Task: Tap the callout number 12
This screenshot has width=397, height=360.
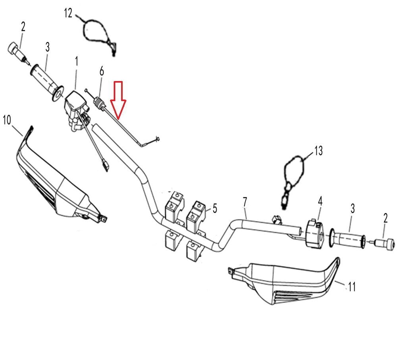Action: click(68, 13)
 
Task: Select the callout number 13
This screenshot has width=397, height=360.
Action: click(318, 151)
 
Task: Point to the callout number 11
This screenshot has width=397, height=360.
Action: click(352, 286)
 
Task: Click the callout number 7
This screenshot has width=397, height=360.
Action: click(245, 202)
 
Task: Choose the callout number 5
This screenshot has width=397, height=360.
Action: click(214, 208)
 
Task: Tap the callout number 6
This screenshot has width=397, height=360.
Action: click(102, 71)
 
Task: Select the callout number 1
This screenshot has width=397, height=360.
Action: click(76, 62)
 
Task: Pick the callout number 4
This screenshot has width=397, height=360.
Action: click(320, 201)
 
